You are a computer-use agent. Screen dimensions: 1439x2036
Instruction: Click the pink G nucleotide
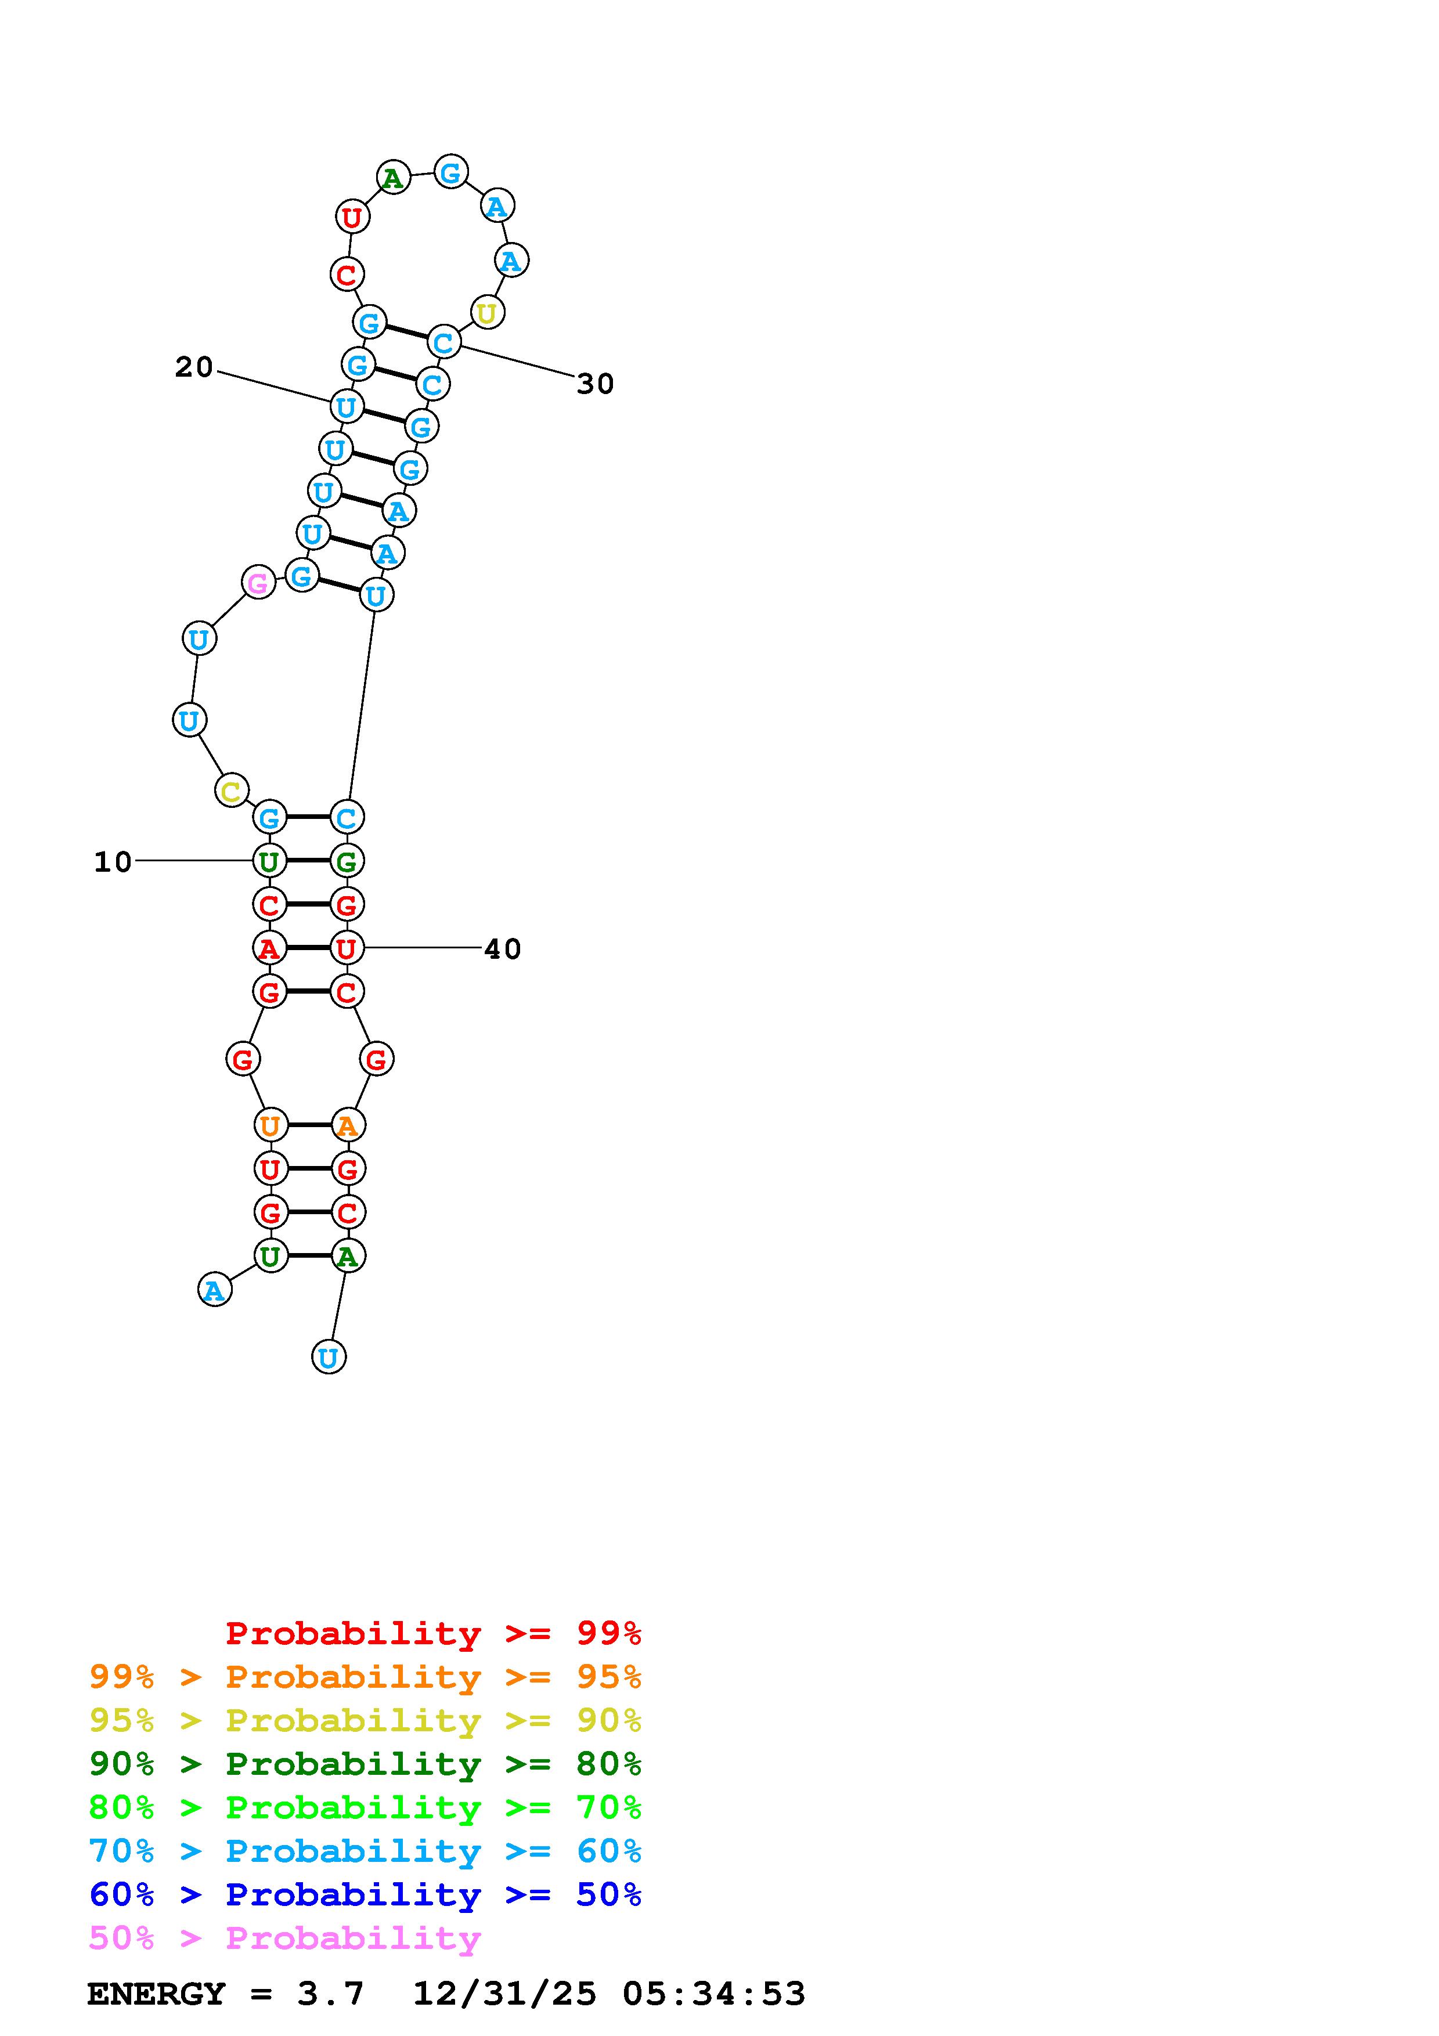[x=258, y=583]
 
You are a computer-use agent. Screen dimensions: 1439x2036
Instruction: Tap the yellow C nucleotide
[x=232, y=790]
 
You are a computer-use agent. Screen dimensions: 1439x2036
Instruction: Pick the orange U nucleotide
[x=271, y=1125]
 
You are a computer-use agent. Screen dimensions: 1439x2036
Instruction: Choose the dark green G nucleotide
[x=347, y=860]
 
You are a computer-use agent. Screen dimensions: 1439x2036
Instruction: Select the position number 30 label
[x=595, y=384]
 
